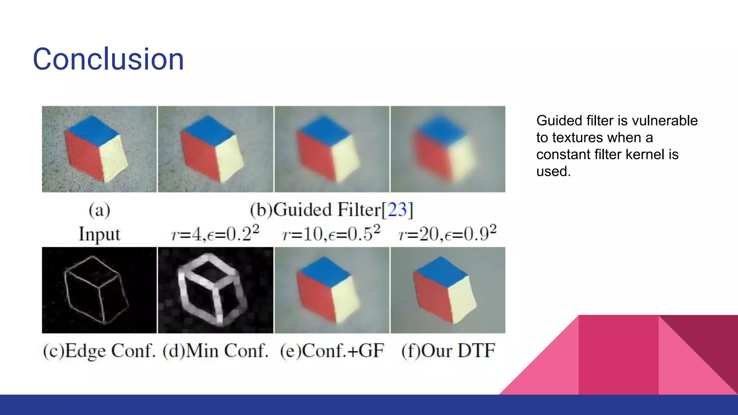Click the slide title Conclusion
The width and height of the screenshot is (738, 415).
(108, 59)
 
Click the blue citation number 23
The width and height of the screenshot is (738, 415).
(397, 210)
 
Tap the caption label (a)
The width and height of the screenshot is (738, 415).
(99, 210)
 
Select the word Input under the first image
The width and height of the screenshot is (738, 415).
(99, 234)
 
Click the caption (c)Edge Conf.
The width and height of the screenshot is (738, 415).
(99, 351)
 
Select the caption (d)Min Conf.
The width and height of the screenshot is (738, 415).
(215, 351)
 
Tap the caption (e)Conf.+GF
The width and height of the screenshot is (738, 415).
(332, 351)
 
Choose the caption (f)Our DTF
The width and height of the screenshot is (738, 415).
(448, 351)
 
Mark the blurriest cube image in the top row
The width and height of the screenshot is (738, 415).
(448, 149)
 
